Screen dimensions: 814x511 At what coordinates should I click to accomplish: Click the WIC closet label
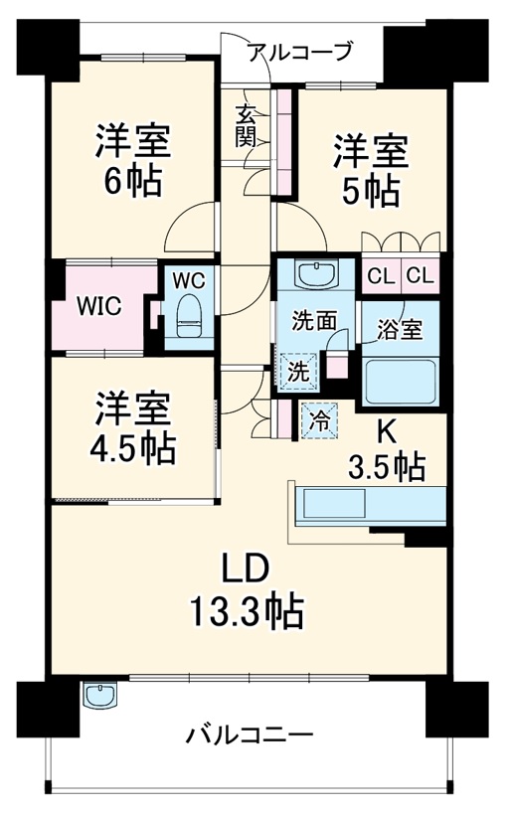pos(101,306)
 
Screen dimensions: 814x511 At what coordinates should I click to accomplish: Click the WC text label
pos(189,280)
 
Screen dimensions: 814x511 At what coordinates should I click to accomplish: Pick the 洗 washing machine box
pos(297,371)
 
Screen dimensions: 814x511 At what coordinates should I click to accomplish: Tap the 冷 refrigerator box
pos(320,418)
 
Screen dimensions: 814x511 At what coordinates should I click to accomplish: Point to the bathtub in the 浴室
pos(403,380)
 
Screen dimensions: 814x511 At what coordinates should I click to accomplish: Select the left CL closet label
pos(380,276)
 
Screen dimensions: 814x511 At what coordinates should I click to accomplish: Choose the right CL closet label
pos(419,276)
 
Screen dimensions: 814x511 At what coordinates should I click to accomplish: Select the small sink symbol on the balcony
pos(99,696)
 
